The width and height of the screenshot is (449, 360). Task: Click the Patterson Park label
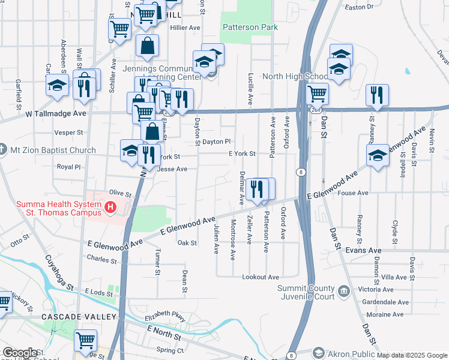pyautogui.click(x=250, y=27)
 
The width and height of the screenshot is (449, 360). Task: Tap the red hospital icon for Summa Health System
pyautogui.click(x=110, y=208)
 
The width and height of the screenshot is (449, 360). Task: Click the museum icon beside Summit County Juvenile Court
pyautogui.click(x=343, y=292)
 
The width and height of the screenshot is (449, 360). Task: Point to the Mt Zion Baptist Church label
pyautogui.click(x=52, y=150)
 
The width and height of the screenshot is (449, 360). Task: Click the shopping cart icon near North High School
pyautogui.click(x=317, y=93)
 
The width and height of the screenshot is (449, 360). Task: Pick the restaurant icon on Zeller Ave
pyautogui.click(x=257, y=189)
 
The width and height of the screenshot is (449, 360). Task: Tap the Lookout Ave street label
pyautogui.click(x=261, y=277)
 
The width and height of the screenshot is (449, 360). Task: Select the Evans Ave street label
pyautogui.click(x=367, y=250)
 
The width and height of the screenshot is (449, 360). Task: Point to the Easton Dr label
pyautogui.click(x=360, y=7)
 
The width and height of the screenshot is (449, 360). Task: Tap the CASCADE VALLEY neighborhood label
pyautogui.click(x=79, y=316)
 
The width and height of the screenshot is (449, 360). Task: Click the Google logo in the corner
pyautogui.click(x=20, y=353)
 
